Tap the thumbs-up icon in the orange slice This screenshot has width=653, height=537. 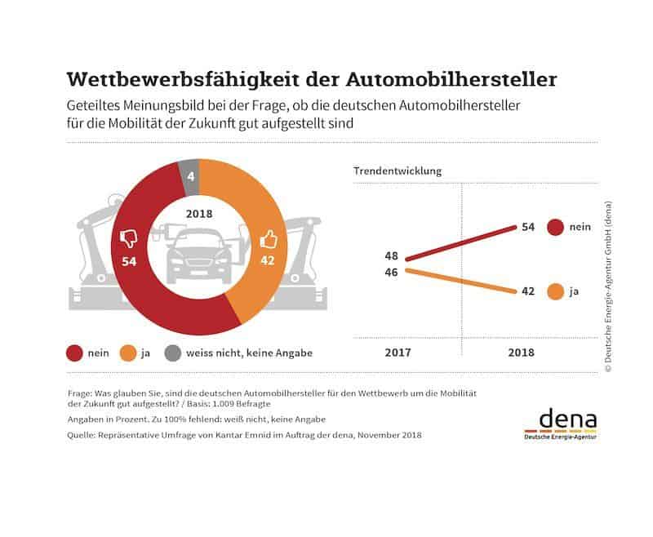pos(267,239)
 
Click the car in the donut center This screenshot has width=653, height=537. pos(198,255)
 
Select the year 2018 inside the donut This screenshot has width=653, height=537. pos(198,214)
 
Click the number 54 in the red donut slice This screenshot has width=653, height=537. pos(128,262)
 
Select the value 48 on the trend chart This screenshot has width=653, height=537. pos(391,256)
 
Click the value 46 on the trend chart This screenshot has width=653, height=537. pos(391,272)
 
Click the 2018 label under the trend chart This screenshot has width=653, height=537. pos(520,353)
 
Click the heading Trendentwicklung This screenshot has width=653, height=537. pos(397,171)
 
